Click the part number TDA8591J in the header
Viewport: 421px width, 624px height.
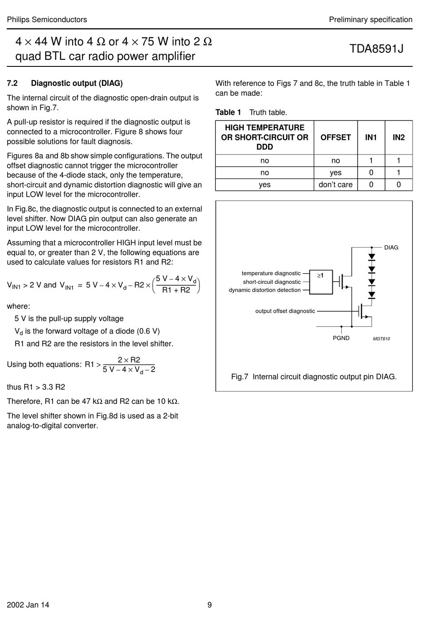[x=376, y=48]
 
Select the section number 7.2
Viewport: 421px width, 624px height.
[x=12, y=83]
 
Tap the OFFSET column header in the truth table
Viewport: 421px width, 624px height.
[x=335, y=137]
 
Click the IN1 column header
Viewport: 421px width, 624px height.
[x=371, y=137]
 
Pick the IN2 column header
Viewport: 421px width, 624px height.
[x=398, y=137]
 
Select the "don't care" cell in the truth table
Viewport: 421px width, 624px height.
[x=335, y=185]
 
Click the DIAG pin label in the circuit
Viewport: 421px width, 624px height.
[x=391, y=248]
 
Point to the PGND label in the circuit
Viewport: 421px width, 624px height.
[x=341, y=338]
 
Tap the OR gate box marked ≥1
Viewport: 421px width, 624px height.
[x=321, y=282]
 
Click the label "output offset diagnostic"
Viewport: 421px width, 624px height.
[x=285, y=311]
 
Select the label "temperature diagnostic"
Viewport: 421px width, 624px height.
[x=271, y=273]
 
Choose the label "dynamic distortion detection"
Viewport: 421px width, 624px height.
[x=265, y=290]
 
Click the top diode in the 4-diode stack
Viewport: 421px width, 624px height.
[x=372, y=257]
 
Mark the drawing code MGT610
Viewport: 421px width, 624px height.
[x=381, y=339]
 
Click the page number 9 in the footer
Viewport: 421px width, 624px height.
[x=210, y=605]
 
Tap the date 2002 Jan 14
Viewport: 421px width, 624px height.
[x=28, y=605]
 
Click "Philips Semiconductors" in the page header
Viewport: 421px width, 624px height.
[x=47, y=19]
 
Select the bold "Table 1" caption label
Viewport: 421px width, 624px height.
[x=228, y=112]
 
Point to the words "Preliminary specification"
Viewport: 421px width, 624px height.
[x=370, y=19]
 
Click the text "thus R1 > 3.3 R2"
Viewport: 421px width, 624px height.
[x=36, y=387]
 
